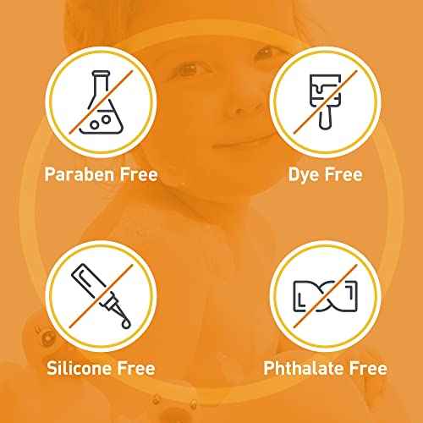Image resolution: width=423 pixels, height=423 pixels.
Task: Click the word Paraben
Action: (80, 175)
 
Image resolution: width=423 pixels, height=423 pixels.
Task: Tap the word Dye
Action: (304, 175)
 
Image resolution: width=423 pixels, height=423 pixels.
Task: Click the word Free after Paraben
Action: (139, 174)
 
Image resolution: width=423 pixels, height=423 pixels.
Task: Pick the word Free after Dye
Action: (343, 174)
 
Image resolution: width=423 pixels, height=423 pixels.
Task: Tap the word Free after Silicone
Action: (136, 368)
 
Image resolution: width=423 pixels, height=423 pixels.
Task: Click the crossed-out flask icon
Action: (101, 102)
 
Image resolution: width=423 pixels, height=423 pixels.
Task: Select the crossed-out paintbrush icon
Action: (325, 102)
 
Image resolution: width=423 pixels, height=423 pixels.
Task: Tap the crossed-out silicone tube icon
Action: (101, 296)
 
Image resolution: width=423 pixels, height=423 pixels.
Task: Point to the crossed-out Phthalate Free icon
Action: (325, 296)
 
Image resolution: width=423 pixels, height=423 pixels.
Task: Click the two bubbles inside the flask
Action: (100, 122)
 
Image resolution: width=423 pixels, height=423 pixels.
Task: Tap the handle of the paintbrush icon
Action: (325, 118)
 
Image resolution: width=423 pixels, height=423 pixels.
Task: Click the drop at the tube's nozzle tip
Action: (126, 324)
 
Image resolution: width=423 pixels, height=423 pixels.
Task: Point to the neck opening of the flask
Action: (101, 74)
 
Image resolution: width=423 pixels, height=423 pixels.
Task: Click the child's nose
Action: (239, 107)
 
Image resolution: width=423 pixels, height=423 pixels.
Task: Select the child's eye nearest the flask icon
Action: (188, 69)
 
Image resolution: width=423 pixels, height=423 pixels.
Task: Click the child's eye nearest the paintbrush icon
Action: (265, 52)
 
